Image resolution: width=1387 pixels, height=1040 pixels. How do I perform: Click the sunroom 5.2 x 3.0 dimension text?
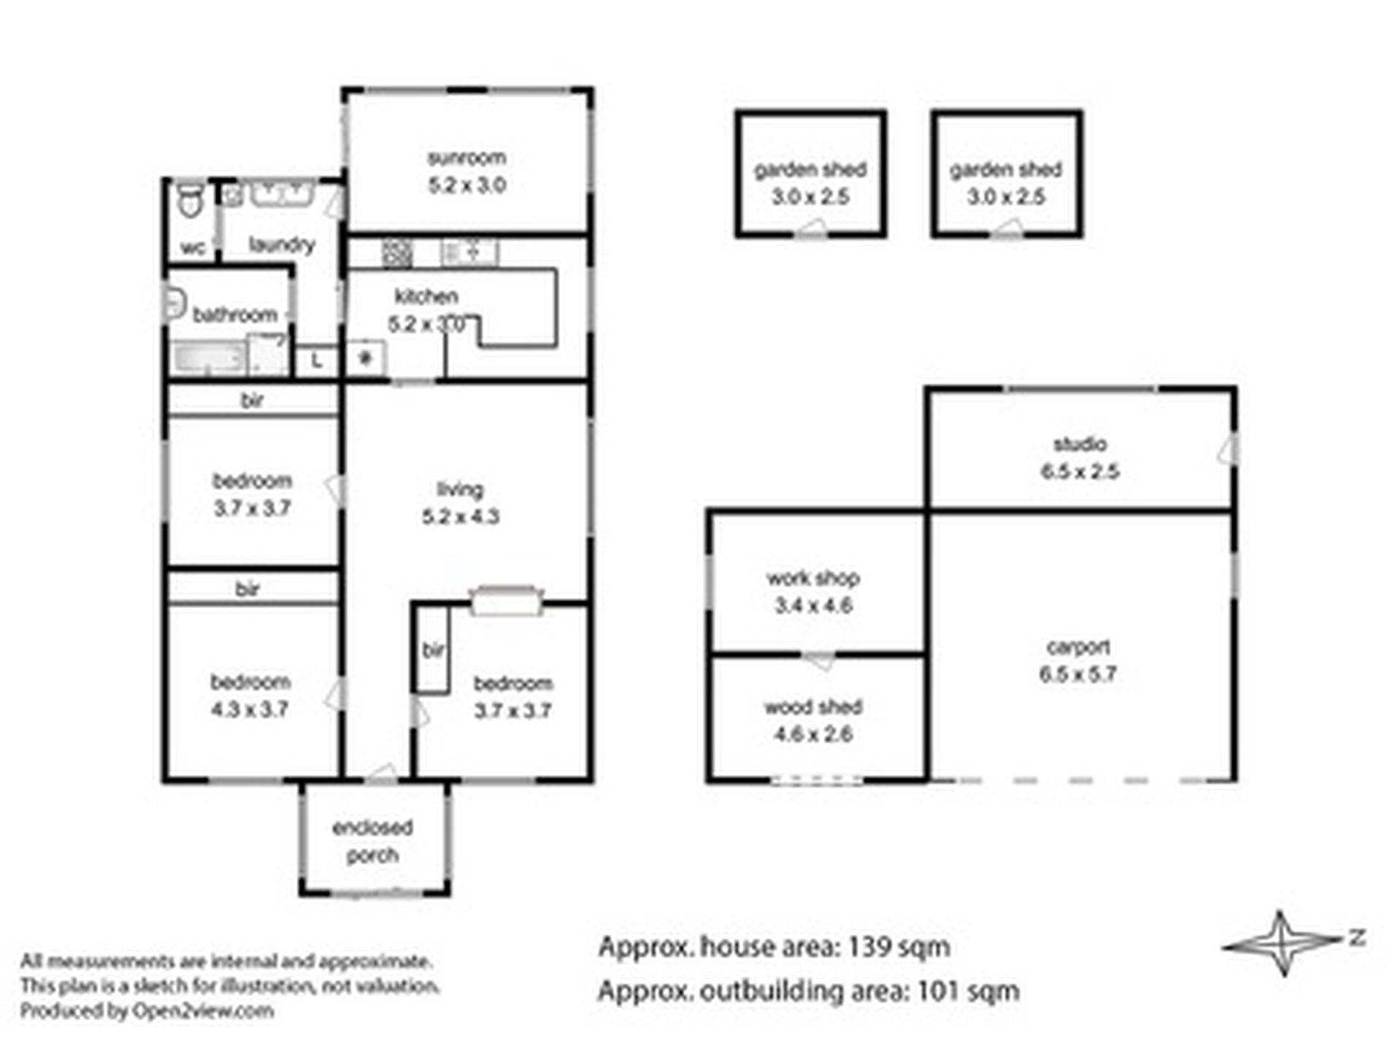[467, 185]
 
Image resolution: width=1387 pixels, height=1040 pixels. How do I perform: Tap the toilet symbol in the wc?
[191, 199]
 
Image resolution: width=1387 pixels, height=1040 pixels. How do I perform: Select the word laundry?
[282, 244]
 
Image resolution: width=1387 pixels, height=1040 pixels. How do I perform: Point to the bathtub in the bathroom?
[208, 358]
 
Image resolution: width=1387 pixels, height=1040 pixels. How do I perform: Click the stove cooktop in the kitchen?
[397, 253]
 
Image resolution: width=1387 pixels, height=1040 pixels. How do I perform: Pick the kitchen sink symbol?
[469, 253]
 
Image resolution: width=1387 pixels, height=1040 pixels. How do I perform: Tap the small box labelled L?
[316, 361]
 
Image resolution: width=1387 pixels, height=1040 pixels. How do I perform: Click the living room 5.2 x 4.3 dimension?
[461, 517]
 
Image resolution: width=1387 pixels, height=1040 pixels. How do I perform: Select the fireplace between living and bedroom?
[507, 601]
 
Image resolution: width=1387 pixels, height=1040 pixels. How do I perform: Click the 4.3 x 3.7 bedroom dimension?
[250, 709]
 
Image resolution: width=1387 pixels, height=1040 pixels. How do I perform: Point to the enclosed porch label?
[372, 841]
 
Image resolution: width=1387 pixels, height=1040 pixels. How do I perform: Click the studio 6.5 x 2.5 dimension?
[1080, 471]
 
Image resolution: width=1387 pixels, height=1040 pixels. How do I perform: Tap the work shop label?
[813, 578]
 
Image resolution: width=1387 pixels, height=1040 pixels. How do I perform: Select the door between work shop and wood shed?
[819, 659]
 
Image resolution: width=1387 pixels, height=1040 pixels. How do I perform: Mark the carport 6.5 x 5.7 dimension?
[1078, 674]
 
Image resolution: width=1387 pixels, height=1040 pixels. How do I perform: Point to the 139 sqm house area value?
[899, 947]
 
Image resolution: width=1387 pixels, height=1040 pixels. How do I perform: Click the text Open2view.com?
[203, 1011]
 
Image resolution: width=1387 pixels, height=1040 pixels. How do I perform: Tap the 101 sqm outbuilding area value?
[968, 991]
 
